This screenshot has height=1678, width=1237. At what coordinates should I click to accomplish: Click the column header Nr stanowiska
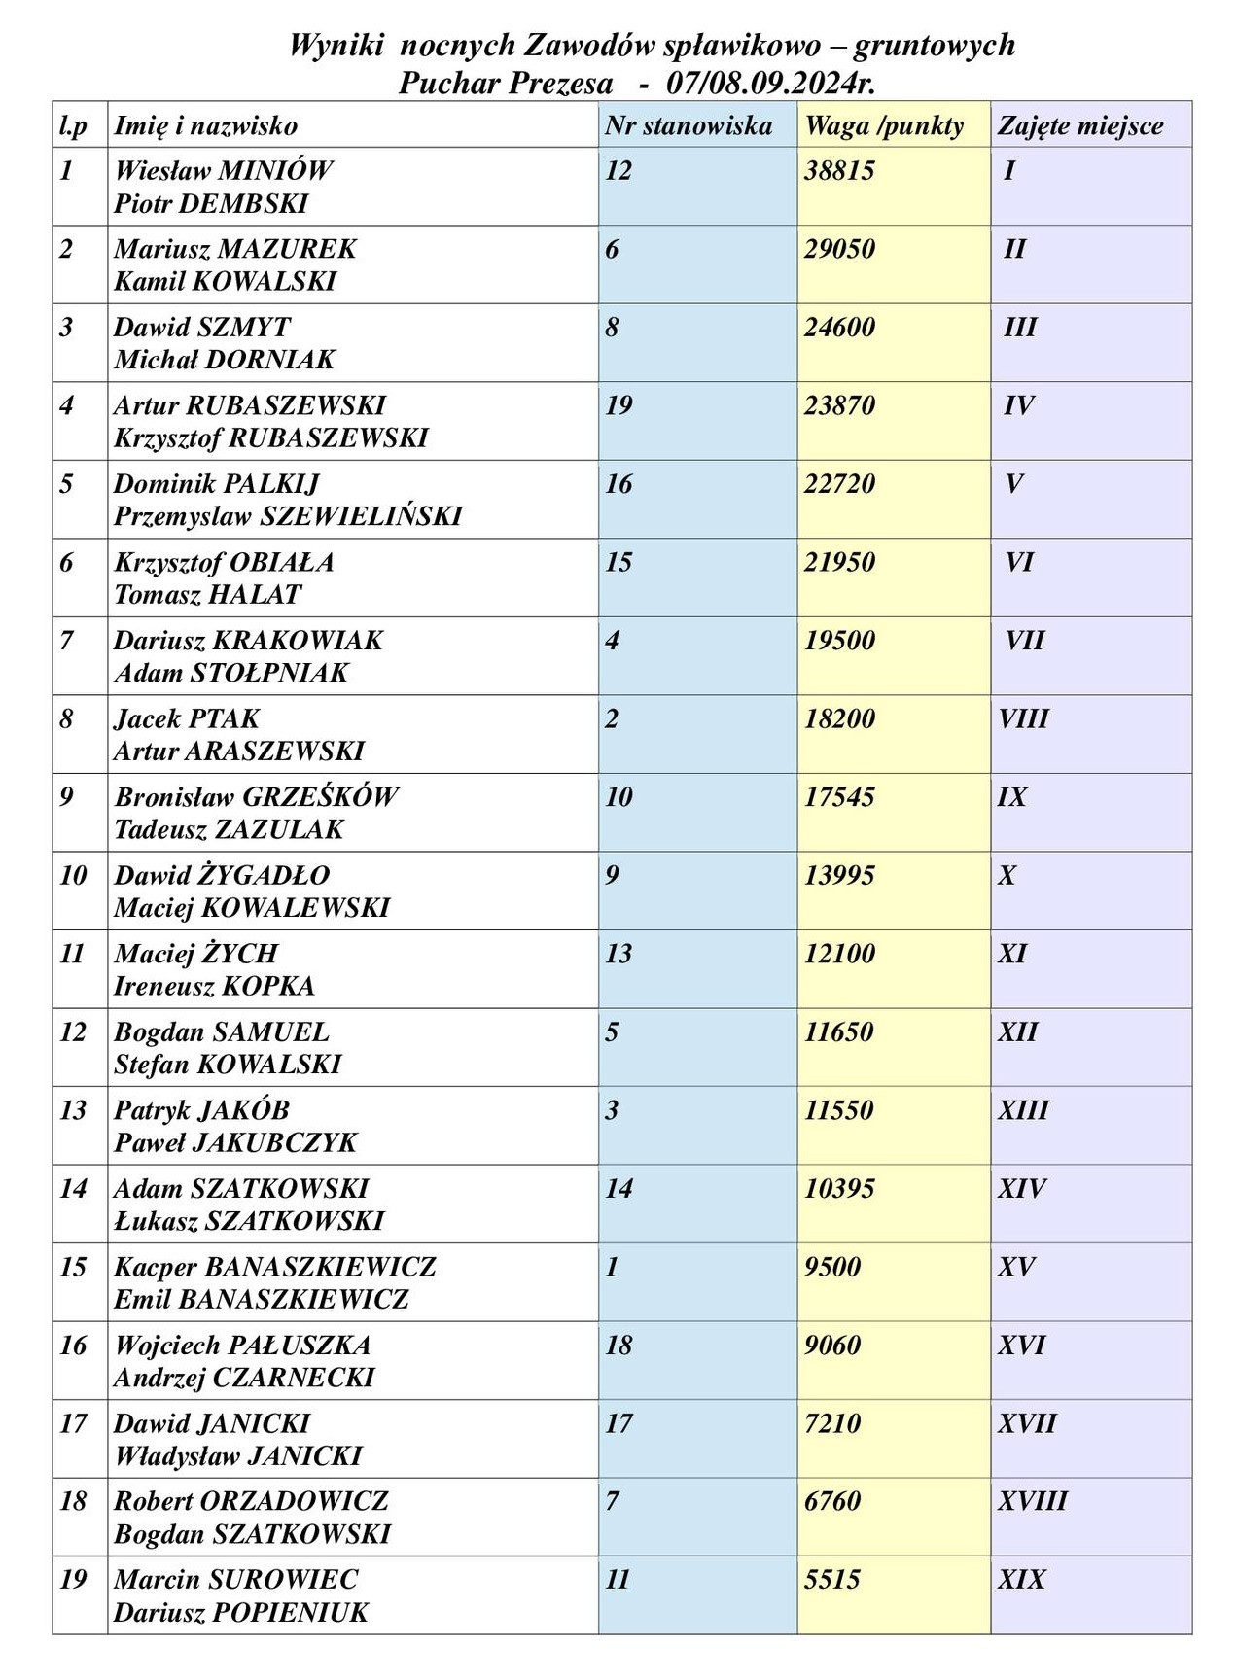pos(688,125)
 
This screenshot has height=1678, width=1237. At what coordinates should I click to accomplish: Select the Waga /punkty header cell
pos(884,125)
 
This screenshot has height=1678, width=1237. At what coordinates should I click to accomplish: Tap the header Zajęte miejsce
pos(1080,125)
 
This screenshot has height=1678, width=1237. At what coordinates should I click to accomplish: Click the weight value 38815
pos(839,171)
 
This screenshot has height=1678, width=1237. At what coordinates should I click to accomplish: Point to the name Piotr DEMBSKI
pos(211,204)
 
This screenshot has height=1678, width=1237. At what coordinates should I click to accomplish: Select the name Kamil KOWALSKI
pos(225,282)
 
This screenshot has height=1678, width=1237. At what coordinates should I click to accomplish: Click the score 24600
pos(839,328)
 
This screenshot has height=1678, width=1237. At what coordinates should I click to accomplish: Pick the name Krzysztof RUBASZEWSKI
pos(270,438)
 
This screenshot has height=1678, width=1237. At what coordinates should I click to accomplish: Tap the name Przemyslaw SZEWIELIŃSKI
pos(288,516)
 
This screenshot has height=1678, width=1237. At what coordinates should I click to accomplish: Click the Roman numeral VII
pos(1025,641)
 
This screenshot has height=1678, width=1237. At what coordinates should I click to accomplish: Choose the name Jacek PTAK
pos(187,719)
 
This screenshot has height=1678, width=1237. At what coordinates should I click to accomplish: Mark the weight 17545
pos(839,797)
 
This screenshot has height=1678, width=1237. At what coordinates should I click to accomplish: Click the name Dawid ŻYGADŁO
pos(222,876)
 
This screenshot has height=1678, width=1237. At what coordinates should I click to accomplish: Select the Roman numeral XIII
pos(1023,1110)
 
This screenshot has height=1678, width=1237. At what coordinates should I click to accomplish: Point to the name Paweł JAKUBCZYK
pos(235,1143)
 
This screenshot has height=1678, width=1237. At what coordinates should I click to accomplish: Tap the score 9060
pos(832,1346)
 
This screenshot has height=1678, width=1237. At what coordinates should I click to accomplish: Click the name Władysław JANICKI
pos(237,1456)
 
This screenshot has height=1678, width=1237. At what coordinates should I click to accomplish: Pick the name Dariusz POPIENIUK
pos(241,1613)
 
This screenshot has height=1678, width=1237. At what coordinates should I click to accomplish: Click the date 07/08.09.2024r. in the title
pos(771,83)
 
